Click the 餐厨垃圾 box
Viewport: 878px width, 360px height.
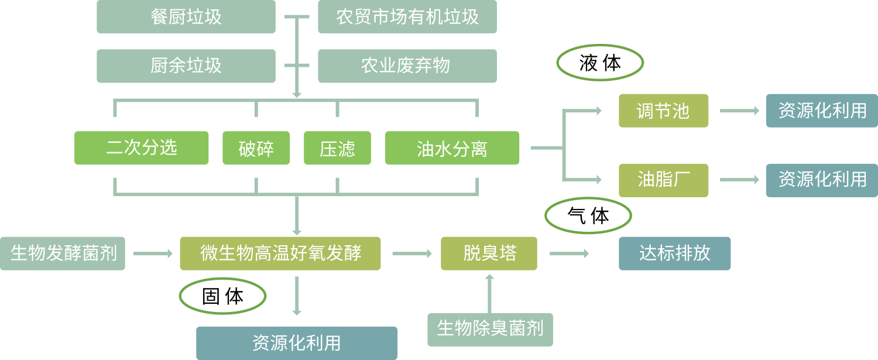186,16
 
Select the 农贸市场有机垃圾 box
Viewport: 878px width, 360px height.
407,16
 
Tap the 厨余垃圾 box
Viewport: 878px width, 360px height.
186,66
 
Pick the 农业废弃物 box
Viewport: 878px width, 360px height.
407,66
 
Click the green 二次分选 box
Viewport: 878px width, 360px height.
141,148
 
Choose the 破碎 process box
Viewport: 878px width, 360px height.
256,148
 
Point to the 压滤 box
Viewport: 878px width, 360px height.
337,148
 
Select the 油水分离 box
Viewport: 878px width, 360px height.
452,148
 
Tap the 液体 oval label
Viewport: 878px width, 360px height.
600,63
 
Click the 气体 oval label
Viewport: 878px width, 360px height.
588,216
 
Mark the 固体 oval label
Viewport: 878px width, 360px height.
223,296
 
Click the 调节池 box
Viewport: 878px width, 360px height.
663,111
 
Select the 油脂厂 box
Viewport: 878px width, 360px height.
663,180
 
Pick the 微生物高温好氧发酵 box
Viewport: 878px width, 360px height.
280,253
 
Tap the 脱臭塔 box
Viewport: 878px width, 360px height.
489,253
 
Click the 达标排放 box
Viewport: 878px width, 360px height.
674,253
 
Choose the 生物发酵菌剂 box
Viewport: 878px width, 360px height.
63,253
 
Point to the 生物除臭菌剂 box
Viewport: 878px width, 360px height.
490,329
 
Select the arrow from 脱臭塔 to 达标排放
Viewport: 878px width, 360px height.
569,253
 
